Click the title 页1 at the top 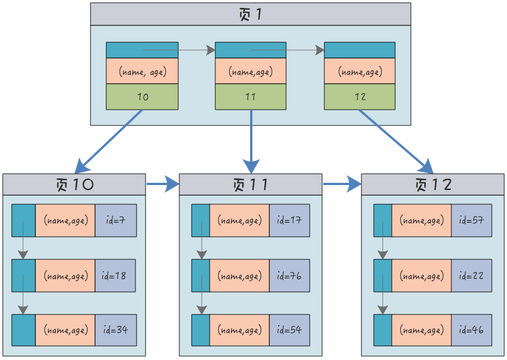(251, 14)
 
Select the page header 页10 (74, 184)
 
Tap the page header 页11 (251, 184)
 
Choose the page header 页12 (433, 184)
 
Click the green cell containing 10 (142, 97)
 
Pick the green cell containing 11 (251, 97)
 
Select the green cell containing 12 (360, 97)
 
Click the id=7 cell (116, 220)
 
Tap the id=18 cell (116, 276)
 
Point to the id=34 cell (116, 330)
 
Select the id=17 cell (289, 220)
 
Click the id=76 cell (289, 276)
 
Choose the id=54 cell (289, 330)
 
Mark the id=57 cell (472, 220)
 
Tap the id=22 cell (472, 276)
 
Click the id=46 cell (472, 330)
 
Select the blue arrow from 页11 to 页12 (342, 184)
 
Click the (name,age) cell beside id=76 (239, 276)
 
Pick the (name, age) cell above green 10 (142, 71)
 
